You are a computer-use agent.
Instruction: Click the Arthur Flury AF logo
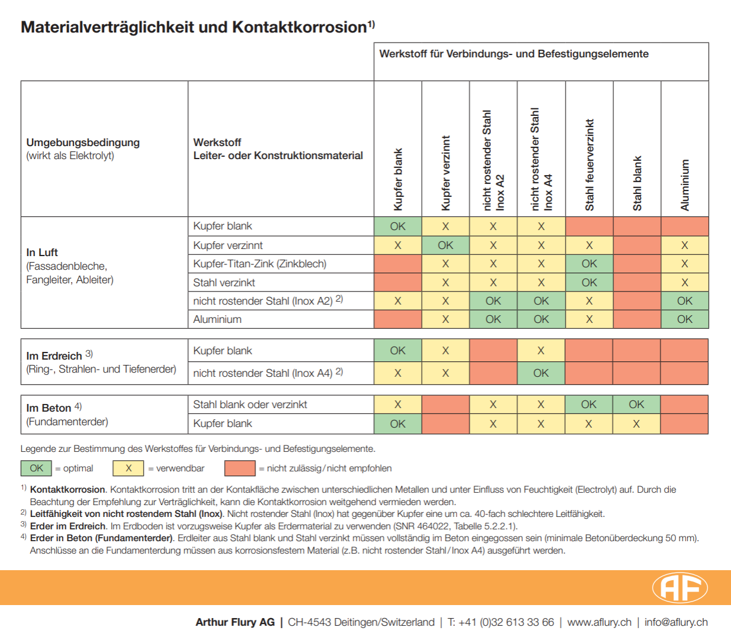tap(680, 587)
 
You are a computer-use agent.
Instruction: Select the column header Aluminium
tap(685, 185)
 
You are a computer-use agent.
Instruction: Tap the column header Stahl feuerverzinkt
tap(589, 165)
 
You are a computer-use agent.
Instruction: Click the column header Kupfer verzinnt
tap(446, 173)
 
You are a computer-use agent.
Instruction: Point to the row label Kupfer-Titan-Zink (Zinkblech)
tap(260, 264)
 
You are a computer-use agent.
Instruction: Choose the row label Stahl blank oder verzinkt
tap(250, 405)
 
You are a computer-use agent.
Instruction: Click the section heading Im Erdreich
tap(54, 356)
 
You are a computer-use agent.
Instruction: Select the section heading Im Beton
tap(48, 408)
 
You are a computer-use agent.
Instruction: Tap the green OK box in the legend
tap(36, 468)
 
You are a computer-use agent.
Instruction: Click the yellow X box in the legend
tap(128, 468)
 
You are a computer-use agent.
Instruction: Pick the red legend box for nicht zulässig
tap(240, 468)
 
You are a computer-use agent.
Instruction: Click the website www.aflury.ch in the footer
tap(599, 622)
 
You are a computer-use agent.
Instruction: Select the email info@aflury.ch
tap(676, 622)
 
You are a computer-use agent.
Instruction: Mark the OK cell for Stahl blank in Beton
tap(636, 405)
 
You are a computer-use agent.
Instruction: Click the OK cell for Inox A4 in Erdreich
tap(541, 373)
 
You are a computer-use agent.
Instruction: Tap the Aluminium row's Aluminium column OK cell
tap(684, 319)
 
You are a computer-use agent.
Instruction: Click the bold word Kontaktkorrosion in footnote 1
tap(67, 490)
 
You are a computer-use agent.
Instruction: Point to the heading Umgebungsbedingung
tap(83, 143)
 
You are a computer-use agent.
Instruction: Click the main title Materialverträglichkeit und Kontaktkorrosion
tap(193, 27)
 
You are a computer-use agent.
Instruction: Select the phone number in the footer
tap(500, 622)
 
